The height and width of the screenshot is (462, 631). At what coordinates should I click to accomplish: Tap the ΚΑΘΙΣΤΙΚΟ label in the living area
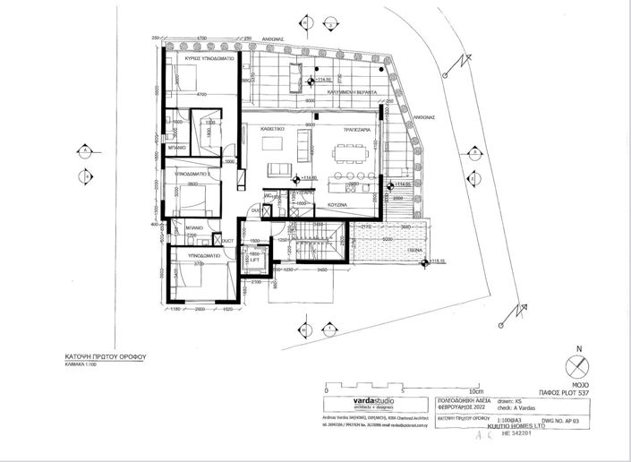tap(273, 129)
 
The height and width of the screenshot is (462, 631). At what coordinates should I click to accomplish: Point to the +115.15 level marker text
tap(437, 262)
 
